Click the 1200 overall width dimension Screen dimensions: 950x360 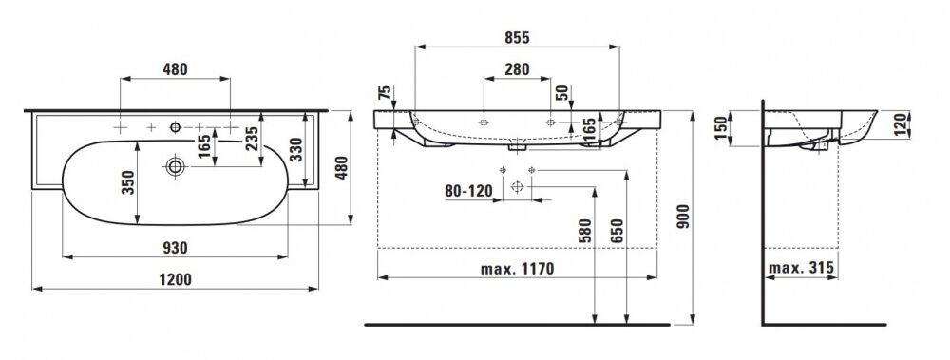[175, 279]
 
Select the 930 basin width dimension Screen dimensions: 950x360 [175, 248]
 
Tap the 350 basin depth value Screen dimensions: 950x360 [128, 181]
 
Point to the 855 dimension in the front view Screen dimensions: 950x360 [517, 38]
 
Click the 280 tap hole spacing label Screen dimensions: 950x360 [517, 69]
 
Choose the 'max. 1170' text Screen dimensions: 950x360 [517, 269]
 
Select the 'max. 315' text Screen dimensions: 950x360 [801, 267]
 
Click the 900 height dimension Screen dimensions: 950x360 [683, 217]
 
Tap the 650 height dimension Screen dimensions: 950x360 [617, 231]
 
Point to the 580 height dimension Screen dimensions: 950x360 [584, 231]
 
